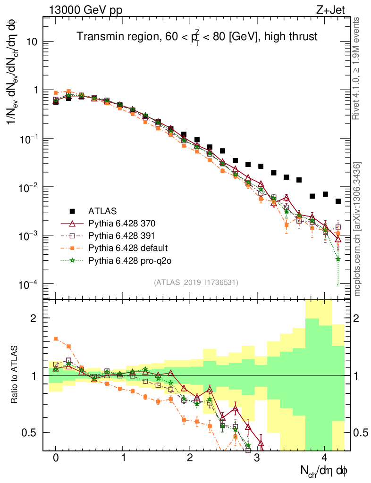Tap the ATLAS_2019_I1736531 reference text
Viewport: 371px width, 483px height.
[196, 282]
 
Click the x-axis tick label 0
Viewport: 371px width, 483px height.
[56, 458]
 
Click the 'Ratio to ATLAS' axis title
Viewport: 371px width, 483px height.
[16, 375]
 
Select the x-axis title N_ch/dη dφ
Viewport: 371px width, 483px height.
[324, 470]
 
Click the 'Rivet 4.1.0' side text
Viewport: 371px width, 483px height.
[357, 66]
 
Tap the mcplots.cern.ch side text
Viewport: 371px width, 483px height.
[357, 229]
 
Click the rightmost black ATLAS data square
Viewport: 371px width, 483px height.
[338, 201]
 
